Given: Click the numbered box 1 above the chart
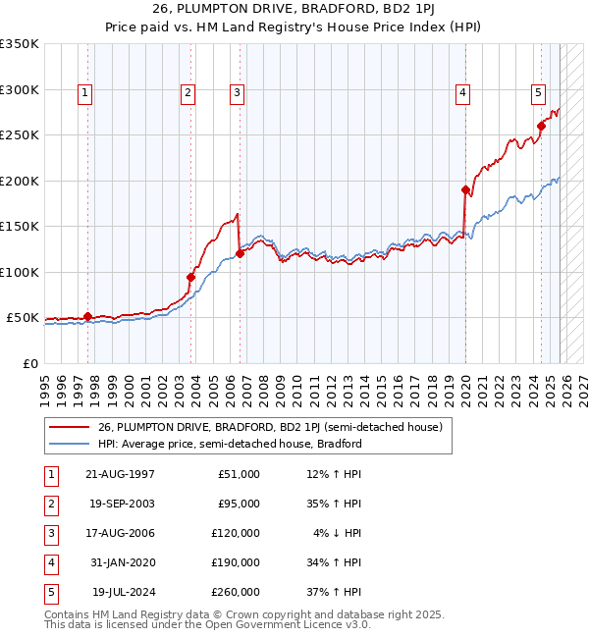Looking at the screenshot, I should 85,93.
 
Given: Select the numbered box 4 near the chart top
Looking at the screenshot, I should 461,93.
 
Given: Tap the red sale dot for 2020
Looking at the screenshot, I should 465,189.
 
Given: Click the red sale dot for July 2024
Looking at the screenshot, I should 541,126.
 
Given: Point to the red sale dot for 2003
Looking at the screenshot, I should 191,277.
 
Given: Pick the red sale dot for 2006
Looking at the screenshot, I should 240,253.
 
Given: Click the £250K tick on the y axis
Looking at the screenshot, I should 20,135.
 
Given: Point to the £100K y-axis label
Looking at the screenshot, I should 20,272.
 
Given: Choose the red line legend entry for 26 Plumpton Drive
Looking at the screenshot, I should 270,427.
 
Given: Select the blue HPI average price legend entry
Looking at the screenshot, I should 230,444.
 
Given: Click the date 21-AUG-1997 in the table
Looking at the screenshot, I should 121,474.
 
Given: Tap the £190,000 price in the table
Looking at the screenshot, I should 236,562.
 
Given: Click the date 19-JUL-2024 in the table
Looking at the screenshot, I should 125,592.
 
